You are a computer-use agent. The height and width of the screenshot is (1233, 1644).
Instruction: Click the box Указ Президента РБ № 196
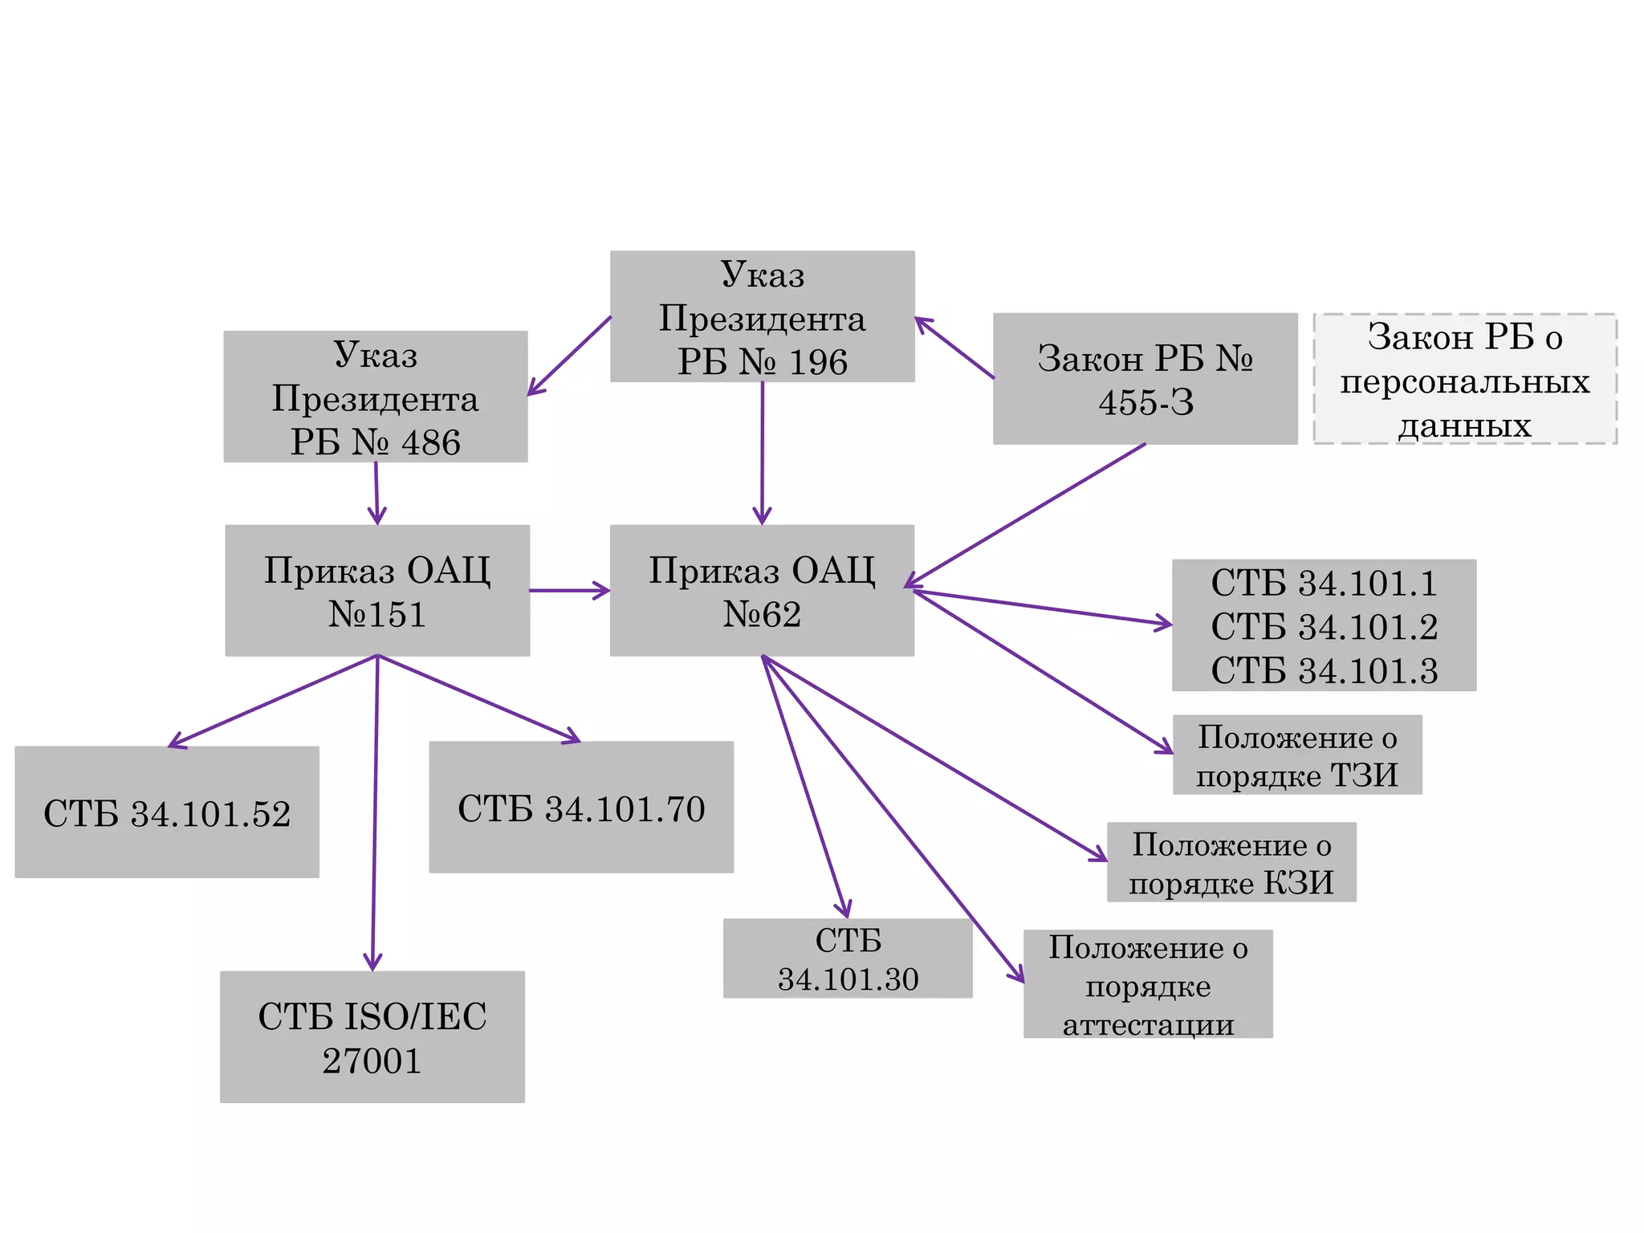tap(762, 316)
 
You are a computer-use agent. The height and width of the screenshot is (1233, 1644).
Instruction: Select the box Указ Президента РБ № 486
tap(376, 397)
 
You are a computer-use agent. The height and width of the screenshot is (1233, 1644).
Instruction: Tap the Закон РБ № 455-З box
tap(1145, 379)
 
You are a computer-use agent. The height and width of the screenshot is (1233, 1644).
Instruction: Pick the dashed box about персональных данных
tap(1465, 379)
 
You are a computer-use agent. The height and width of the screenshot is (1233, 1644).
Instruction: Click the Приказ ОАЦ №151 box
tap(377, 591)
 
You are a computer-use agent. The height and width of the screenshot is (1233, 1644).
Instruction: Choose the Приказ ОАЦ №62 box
tap(762, 591)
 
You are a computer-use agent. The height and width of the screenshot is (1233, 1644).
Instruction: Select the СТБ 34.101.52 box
tap(167, 812)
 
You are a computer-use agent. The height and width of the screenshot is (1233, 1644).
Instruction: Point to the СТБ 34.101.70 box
tap(581, 808)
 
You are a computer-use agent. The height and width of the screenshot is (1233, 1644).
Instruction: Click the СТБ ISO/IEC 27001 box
tap(372, 1037)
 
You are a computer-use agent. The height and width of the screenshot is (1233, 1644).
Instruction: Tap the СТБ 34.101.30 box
tap(848, 958)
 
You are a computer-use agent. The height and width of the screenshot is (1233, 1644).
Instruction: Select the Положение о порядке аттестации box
tap(1148, 984)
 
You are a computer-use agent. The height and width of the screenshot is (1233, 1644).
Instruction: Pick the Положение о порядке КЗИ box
tap(1231, 862)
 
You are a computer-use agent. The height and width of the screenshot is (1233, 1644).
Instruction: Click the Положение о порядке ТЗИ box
tap(1297, 755)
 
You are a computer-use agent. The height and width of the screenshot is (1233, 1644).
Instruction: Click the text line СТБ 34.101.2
tap(1324, 627)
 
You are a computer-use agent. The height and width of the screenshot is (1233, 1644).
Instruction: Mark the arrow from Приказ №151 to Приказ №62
tap(568, 591)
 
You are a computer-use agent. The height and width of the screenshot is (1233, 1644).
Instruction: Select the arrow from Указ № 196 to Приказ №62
tap(762, 454)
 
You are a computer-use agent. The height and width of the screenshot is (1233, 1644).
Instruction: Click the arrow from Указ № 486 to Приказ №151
tap(376, 493)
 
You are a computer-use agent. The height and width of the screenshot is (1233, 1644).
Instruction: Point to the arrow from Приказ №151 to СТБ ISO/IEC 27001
tap(375, 811)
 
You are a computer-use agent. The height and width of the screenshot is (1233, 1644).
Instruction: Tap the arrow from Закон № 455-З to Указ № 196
tap(954, 348)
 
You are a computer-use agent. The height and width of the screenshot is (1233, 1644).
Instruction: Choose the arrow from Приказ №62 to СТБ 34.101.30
tap(804, 787)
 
